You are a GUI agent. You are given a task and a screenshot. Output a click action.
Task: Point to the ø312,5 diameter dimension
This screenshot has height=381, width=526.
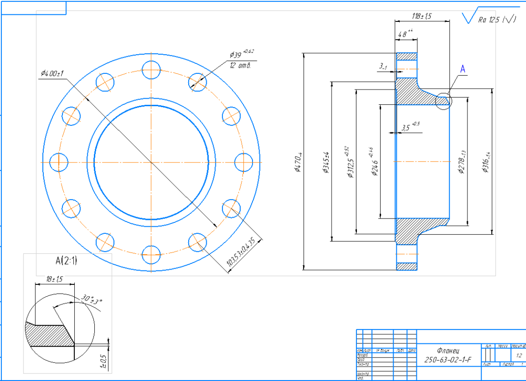[x=351, y=164]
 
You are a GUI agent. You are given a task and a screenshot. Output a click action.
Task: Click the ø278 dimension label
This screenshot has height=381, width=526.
[x=462, y=162]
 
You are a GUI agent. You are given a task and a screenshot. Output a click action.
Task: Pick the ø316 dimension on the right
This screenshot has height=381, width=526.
[x=486, y=161]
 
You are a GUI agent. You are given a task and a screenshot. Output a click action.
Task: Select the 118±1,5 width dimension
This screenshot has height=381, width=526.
[x=421, y=16]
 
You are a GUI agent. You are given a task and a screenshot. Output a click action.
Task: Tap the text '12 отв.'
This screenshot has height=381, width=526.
[x=240, y=65]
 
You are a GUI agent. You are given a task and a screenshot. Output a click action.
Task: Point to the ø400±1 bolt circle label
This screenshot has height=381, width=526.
[x=52, y=73]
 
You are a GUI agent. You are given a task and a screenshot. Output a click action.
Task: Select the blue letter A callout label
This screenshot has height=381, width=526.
[x=462, y=70]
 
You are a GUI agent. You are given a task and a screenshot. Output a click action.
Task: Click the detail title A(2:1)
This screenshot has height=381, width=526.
[x=66, y=261]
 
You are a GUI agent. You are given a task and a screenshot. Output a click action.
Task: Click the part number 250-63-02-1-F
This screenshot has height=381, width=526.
[x=448, y=360]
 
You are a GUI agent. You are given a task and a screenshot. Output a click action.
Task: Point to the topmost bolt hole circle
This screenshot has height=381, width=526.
[x=152, y=70]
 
